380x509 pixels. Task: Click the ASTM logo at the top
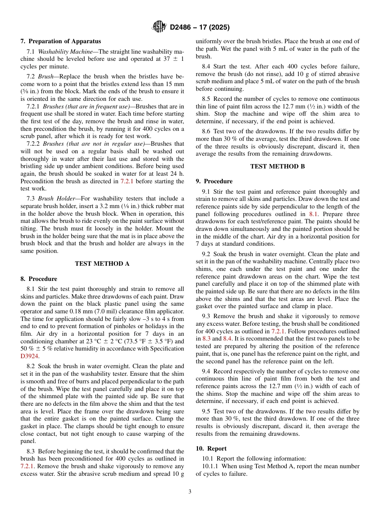tap(159, 27)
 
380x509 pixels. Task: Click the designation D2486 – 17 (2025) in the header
tap(200, 28)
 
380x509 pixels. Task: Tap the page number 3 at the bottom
tap(190, 492)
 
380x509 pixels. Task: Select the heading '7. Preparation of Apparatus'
tap(61, 41)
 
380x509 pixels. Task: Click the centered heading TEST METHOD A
tap(102, 264)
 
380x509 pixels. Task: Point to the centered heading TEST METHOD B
tap(277, 166)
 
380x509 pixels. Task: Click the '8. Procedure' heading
tap(39, 279)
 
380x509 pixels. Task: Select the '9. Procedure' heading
tap(214, 181)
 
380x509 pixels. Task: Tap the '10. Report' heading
tap(211, 449)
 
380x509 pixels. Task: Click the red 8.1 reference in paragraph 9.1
tap(313, 214)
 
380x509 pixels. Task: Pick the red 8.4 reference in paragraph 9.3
tap(228, 339)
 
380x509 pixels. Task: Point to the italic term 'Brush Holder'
tap(56, 199)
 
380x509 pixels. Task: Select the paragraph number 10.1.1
tap(211, 466)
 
